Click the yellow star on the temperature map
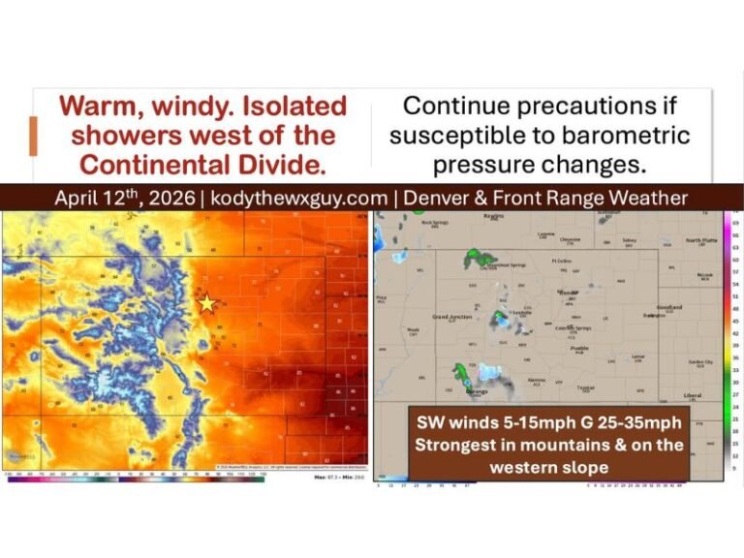coord(206,303)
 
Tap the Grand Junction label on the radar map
coord(452,317)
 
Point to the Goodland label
coord(669,307)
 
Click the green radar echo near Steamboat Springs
coord(477,256)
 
